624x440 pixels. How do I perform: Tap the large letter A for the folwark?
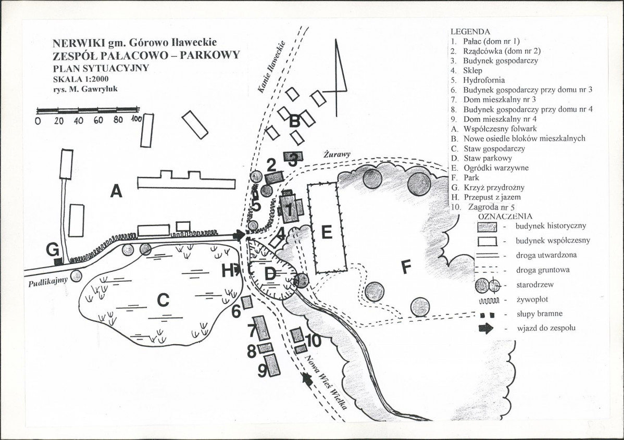coord(116,191)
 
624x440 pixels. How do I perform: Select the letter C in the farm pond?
coord(163,300)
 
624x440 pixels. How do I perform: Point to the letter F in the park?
coord(406,267)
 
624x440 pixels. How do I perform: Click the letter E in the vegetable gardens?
coord(327,232)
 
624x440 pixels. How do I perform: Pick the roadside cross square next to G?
coord(58,261)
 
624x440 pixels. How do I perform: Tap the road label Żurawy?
coord(336,154)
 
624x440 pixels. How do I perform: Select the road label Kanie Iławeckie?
coord(272,67)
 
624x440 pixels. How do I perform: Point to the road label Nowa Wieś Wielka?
coord(326,382)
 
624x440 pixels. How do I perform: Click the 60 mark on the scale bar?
coord(98,120)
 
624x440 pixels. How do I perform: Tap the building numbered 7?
coord(261,328)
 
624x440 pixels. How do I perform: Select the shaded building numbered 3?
coord(293,156)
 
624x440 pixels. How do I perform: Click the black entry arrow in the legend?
coord(486,329)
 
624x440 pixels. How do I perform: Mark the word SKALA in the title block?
coord(66,79)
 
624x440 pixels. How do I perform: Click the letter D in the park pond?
coord(270,273)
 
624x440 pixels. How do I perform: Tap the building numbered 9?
coord(272,365)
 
